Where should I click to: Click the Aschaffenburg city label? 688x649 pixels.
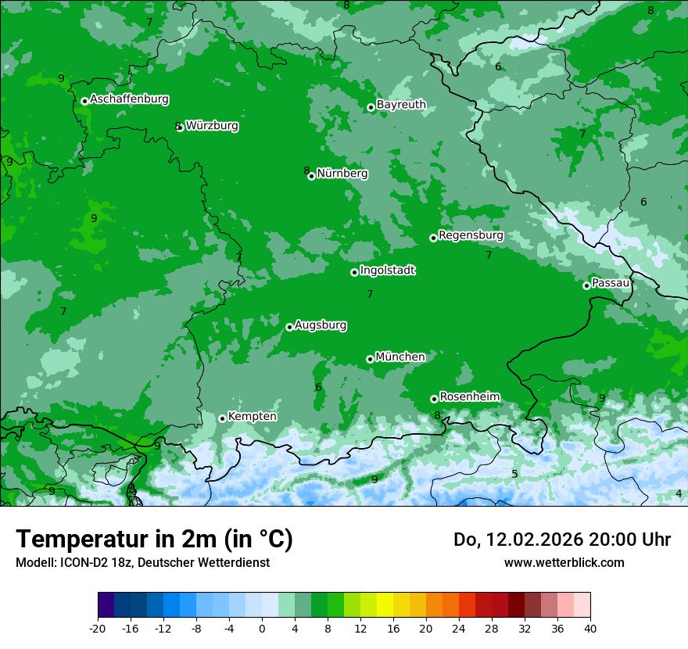[x=129, y=99]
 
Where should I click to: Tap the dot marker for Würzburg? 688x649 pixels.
[x=180, y=127]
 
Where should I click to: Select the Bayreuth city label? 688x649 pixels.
[x=401, y=104]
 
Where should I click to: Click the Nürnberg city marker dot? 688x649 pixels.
[x=311, y=177]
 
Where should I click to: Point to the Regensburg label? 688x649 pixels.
[x=471, y=235]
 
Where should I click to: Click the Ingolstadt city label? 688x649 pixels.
[x=387, y=271]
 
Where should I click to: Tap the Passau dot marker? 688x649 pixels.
[x=586, y=285]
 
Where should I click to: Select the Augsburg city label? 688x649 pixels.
[x=321, y=325]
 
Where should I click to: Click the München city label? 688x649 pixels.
[x=400, y=357]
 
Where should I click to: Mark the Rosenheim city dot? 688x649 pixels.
[x=434, y=400]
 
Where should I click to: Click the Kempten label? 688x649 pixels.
[x=252, y=417]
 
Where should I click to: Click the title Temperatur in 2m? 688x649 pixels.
[x=154, y=540]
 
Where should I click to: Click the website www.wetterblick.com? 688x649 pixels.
[x=564, y=562]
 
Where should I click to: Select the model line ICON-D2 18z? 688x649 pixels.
[x=142, y=562]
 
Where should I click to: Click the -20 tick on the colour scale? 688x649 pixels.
[x=98, y=628]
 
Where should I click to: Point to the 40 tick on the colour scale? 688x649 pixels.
[x=589, y=628]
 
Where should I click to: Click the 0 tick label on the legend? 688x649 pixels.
[x=262, y=628]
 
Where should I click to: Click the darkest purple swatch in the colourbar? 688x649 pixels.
[x=106, y=606]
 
